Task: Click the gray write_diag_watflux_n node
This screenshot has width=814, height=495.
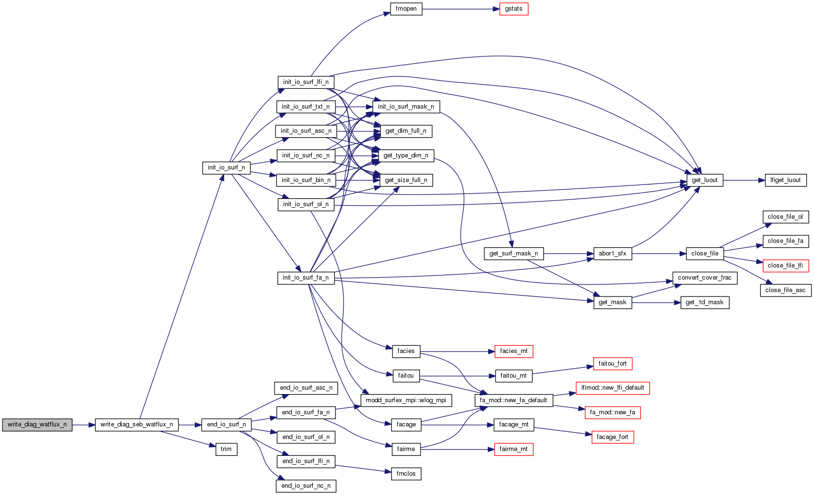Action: (37, 424)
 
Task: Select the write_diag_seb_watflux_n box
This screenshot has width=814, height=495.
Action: (137, 424)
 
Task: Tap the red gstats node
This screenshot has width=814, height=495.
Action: (513, 9)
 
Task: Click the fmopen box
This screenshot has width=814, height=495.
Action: (406, 9)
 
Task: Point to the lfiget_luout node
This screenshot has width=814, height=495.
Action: (785, 180)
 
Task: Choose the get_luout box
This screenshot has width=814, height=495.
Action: (705, 180)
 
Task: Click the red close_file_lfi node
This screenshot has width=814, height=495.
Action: (785, 266)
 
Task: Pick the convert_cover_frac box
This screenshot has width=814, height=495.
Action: (705, 278)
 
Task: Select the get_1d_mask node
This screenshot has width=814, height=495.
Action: (705, 302)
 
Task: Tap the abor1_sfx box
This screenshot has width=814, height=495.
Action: (612, 254)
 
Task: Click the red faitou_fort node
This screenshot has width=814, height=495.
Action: (612, 364)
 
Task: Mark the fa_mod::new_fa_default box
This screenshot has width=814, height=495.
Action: (513, 400)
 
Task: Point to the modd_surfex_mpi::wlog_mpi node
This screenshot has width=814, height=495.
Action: (406, 400)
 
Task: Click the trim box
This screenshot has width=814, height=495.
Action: (226, 449)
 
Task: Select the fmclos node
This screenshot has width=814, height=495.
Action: (406, 474)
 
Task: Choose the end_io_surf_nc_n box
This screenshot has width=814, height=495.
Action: (306, 486)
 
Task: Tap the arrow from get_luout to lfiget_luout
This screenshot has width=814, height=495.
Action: (744, 180)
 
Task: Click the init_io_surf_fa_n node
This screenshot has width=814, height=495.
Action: (306, 278)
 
